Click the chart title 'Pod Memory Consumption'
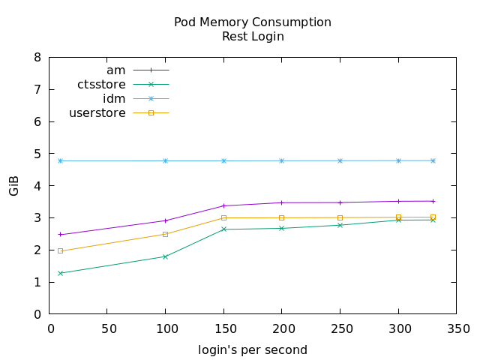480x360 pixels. [x=253, y=22]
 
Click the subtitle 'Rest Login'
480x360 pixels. [x=253, y=35]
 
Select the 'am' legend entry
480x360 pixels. [x=116, y=70]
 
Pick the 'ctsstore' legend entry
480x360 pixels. [x=101, y=84]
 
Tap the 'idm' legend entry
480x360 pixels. [x=114, y=98]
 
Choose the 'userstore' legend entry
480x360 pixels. [x=97, y=113]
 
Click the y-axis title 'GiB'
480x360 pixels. [x=14, y=185]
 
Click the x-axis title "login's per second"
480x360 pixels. [x=253, y=349]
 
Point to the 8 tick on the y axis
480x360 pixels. [x=38, y=57]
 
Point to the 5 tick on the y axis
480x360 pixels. [x=38, y=154]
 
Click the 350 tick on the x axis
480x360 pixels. [x=457, y=328]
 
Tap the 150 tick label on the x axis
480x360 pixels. [x=223, y=328]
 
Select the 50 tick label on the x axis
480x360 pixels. [x=106, y=328]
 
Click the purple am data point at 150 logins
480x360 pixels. [x=223, y=205]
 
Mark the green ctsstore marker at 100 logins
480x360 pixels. [x=165, y=256]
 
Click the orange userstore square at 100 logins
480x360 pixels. [x=165, y=234]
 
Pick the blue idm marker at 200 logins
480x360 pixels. [x=282, y=160]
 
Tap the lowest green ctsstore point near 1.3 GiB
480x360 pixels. [x=60, y=273]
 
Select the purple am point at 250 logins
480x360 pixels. [x=340, y=202]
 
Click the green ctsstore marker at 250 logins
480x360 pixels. [x=340, y=225]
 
